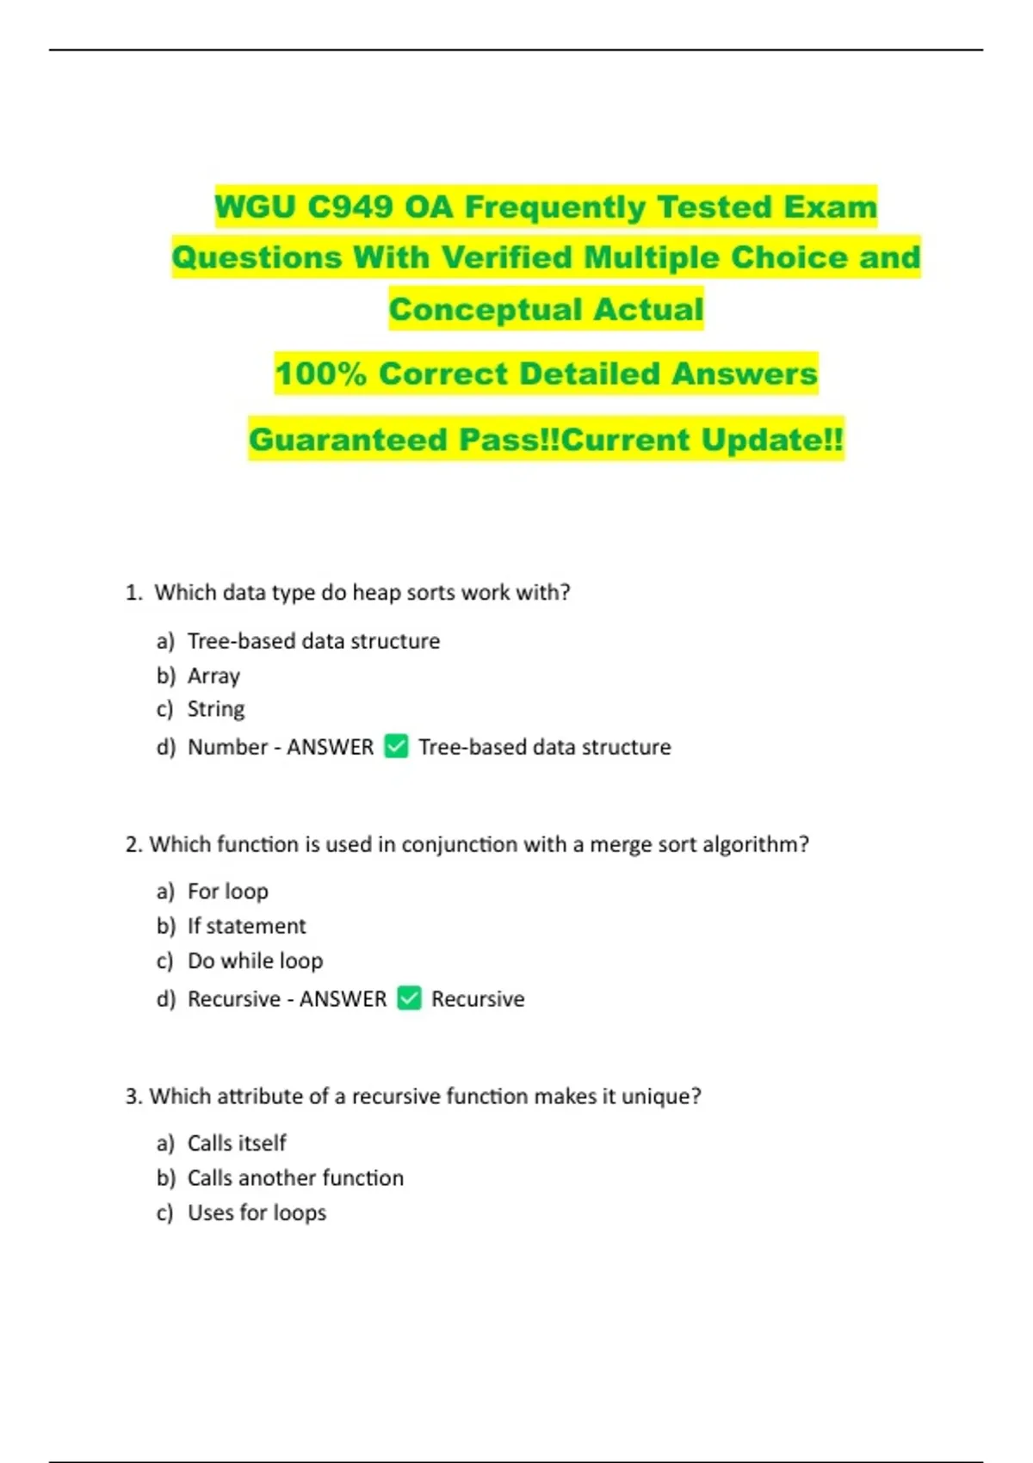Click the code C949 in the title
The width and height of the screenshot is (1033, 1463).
pyautogui.click(x=350, y=207)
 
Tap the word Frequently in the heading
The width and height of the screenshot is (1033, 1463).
pyautogui.click(x=554, y=207)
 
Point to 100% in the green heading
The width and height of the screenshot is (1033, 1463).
pyautogui.click(x=320, y=374)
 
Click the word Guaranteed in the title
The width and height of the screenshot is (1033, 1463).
pyautogui.click(x=349, y=441)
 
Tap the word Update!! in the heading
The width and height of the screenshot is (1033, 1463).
pyautogui.click(x=771, y=441)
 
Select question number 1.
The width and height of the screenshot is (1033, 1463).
pyautogui.click(x=133, y=593)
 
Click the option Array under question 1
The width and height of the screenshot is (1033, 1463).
pyautogui.click(x=213, y=676)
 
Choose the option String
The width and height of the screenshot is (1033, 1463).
pyautogui.click(x=216, y=709)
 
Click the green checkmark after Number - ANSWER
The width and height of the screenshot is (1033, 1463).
pyautogui.click(x=396, y=746)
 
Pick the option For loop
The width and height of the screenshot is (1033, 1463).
pyautogui.click(x=227, y=892)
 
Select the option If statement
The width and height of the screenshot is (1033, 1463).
pyautogui.click(x=246, y=926)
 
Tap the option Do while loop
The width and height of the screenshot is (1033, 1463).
pyautogui.click(x=255, y=960)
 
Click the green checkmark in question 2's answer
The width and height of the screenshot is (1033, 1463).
pyautogui.click(x=409, y=998)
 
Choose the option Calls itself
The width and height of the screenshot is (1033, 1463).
pyautogui.click(x=237, y=1143)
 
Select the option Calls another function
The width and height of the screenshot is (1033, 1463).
pyautogui.click(x=295, y=1178)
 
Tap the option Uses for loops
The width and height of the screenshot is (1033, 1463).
pyautogui.click(x=257, y=1213)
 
